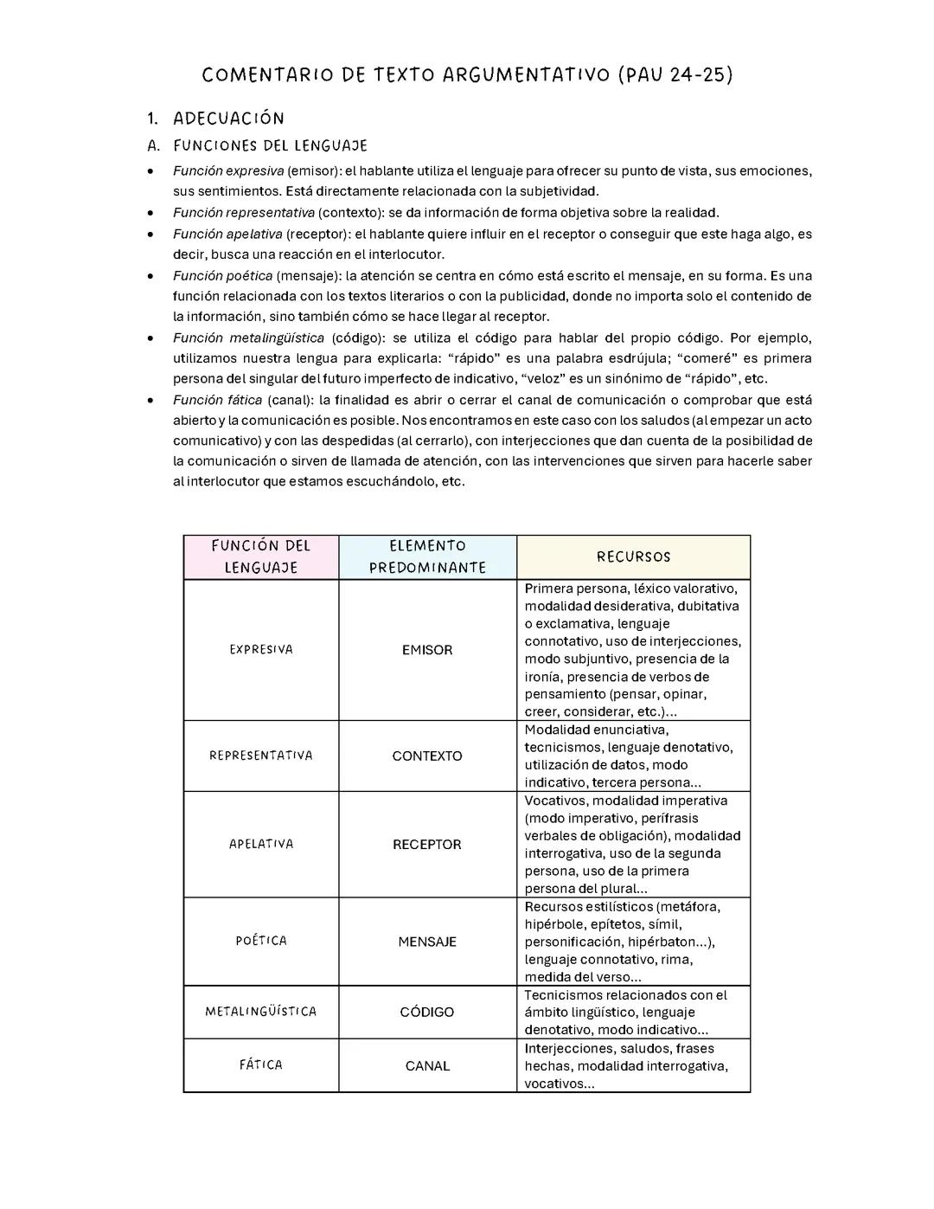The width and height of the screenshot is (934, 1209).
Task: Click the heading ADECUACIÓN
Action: pyautogui.click(x=228, y=118)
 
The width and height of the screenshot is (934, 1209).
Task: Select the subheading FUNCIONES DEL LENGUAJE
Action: pyautogui.click(x=270, y=145)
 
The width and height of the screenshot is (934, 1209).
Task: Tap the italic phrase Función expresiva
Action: pyautogui.click(x=228, y=171)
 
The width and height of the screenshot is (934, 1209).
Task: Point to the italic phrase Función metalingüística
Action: pyautogui.click(x=248, y=338)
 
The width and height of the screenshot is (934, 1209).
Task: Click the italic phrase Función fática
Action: pyautogui.click(x=217, y=400)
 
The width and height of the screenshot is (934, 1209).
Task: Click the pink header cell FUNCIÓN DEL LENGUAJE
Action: pyautogui.click(x=261, y=556)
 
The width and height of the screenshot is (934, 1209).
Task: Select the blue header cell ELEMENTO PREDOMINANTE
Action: pyautogui.click(x=427, y=556)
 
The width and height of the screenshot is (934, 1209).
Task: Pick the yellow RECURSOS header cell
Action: pyautogui.click(x=633, y=557)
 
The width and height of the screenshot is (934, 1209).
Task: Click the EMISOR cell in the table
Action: pyautogui.click(x=427, y=650)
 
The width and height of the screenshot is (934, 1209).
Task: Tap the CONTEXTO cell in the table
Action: pyautogui.click(x=427, y=756)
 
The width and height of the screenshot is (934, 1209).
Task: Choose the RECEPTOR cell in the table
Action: pyautogui.click(x=427, y=845)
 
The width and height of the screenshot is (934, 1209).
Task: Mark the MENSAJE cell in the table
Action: pyautogui.click(x=427, y=942)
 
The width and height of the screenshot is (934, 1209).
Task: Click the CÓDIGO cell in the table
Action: pyautogui.click(x=427, y=1012)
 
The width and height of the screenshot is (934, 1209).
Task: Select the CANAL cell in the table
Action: pyautogui.click(x=427, y=1066)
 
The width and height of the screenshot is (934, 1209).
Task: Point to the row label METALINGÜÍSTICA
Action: pyautogui.click(x=261, y=1012)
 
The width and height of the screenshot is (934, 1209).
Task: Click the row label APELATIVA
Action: pyautogui.click(x=261, y=844)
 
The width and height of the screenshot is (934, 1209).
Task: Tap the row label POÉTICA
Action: pyautogui.click(x=261, y=941)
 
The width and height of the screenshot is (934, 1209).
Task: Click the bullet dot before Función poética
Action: pyautogui.click(x=151, y=277)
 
